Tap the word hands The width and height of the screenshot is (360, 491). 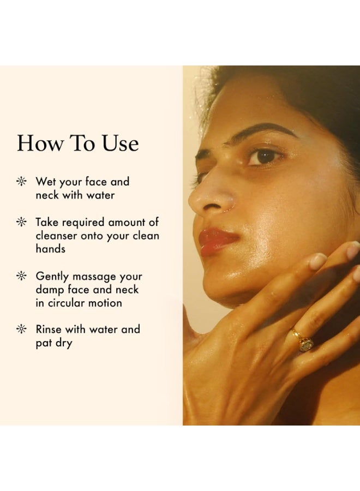tap(50, 249)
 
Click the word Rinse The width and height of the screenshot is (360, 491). tap(50, 329)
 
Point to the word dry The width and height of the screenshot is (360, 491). tap(63, 343)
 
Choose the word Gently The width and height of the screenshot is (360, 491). tap(52, 276)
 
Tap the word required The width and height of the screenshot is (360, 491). tap(83, 222)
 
